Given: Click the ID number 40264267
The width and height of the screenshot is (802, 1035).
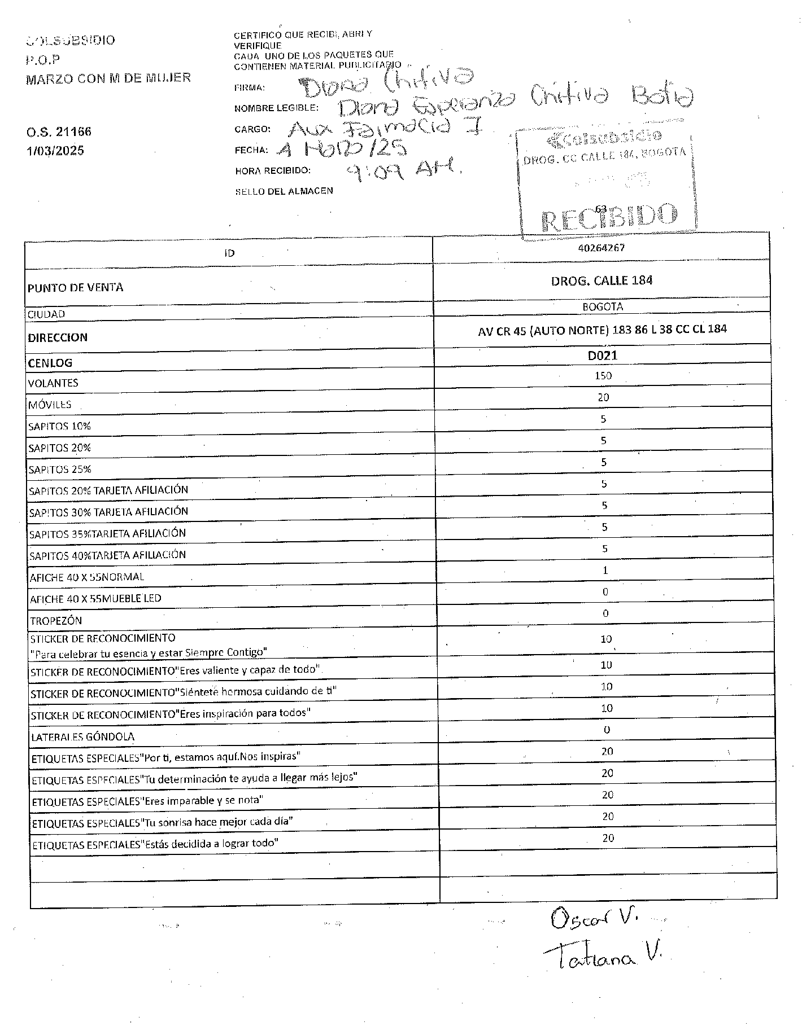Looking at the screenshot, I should [x=601, y=248].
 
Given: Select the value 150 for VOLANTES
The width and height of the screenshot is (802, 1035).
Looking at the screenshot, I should [x=603, y=376].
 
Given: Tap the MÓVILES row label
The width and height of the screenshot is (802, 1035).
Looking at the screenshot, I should [x=50, y=405].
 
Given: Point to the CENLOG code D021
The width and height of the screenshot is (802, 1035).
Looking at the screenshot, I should [x=602, y=356].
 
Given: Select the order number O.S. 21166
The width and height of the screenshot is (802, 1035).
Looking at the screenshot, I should [x=58, y=132].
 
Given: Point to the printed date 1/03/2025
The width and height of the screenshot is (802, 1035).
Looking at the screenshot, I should [x=55, y=151].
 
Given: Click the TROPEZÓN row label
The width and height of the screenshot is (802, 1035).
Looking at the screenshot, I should [x=56, y=621].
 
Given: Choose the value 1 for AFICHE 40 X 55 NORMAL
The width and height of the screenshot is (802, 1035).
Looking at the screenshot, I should [x=605, y=571].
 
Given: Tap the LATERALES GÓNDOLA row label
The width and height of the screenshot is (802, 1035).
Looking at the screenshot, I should [x=82, y=737].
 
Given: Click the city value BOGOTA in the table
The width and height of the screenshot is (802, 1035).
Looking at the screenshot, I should [x=603, y=307].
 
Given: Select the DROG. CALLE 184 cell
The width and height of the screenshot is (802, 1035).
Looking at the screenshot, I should [x=601, y=280].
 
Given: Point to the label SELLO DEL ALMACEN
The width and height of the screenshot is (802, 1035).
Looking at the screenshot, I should [x=284, y=191].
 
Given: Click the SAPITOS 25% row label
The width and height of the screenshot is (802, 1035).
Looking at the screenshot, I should [x=60, y=470].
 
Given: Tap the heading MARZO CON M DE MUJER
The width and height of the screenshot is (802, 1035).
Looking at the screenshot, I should [x=108, y=78].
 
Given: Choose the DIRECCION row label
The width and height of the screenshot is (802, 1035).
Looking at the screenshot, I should [x=58, y=338].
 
